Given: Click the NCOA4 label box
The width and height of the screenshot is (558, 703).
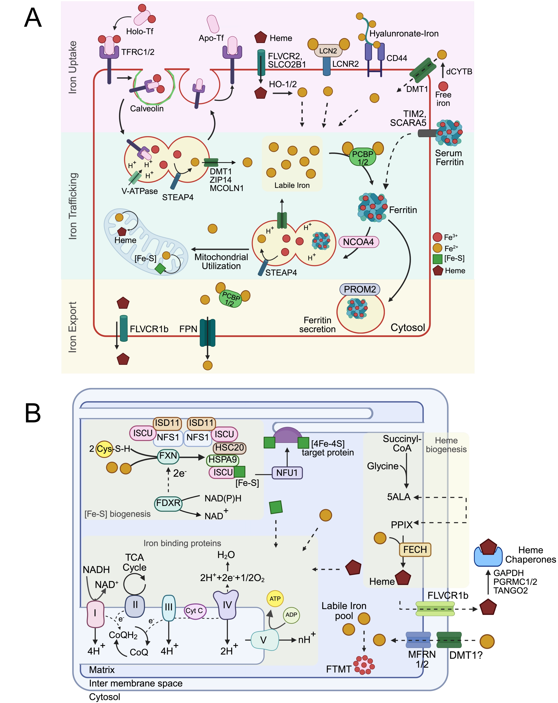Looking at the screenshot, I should point(358,242).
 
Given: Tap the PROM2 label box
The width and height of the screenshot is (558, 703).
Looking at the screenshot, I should point(360,289).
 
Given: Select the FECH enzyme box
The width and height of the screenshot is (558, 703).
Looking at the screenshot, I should point(415,550).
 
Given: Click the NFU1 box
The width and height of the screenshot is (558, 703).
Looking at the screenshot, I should point(287,473).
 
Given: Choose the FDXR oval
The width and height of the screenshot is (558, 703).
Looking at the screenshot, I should point(168,503).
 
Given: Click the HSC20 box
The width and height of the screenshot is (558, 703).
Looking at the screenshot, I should point(229,448).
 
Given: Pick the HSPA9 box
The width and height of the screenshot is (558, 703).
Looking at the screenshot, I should point(223,460).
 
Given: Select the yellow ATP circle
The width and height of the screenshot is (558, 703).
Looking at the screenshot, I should point(275,599).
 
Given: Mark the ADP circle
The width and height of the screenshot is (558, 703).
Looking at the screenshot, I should point(291,615).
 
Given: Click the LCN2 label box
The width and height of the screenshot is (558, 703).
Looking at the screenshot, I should point(328,51).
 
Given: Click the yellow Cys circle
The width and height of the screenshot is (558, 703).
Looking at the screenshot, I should point(104,449).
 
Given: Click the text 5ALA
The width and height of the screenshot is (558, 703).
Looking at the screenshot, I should point(398,497).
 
